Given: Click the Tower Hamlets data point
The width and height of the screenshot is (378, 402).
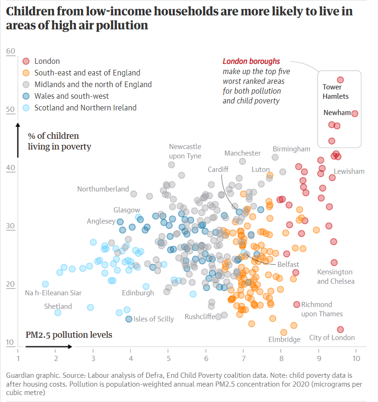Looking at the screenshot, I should [x=340, y=80].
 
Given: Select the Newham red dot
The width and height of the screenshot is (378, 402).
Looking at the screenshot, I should [x=354, y=113].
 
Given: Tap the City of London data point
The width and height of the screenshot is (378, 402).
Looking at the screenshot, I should [x=340, y=329].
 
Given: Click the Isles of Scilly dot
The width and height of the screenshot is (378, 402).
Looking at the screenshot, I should [x=129, y=319].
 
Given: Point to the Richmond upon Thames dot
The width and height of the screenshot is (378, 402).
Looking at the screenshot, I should [x=297, y=304].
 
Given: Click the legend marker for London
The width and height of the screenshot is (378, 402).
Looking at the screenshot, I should [x=26, y=61].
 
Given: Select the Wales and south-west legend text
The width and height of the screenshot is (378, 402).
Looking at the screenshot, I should [x=72, y=96].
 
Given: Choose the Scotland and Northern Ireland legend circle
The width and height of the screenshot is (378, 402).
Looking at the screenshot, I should [x=26, y=108].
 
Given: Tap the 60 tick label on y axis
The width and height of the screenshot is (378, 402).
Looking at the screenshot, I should [x=11, y=52].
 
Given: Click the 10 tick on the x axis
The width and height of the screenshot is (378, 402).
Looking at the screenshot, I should [x=356, y=358].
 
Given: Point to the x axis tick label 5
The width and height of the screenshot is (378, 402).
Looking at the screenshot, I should [x=169, y=358].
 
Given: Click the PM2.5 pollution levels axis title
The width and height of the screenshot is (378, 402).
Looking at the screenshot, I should [x=69, y=334].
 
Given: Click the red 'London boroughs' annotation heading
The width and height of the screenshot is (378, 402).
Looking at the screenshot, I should [x=251, y=61].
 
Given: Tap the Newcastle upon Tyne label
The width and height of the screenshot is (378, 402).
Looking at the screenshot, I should [x=185, y=151].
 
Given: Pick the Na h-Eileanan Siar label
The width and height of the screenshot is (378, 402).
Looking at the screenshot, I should [x=53, y=293].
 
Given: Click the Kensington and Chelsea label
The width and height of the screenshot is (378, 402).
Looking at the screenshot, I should [x=336, y=276].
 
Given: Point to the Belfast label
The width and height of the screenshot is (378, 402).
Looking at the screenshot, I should [x=288, y=264].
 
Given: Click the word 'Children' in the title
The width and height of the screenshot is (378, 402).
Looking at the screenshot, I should [x=32, y=11].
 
